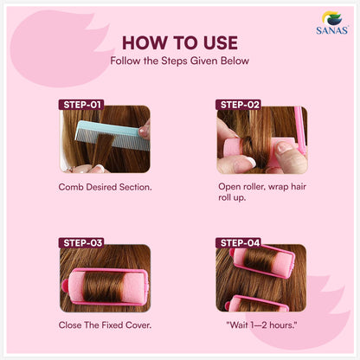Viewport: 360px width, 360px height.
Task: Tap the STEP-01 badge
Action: [x=82, y=105]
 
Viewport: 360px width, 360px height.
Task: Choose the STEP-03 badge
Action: [x=82, y=242]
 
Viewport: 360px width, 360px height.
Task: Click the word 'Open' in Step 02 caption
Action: [x=231, y=185]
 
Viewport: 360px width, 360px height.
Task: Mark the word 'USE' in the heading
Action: [x=215, y=42]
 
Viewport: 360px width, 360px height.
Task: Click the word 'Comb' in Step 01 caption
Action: [x=72, y=186]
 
